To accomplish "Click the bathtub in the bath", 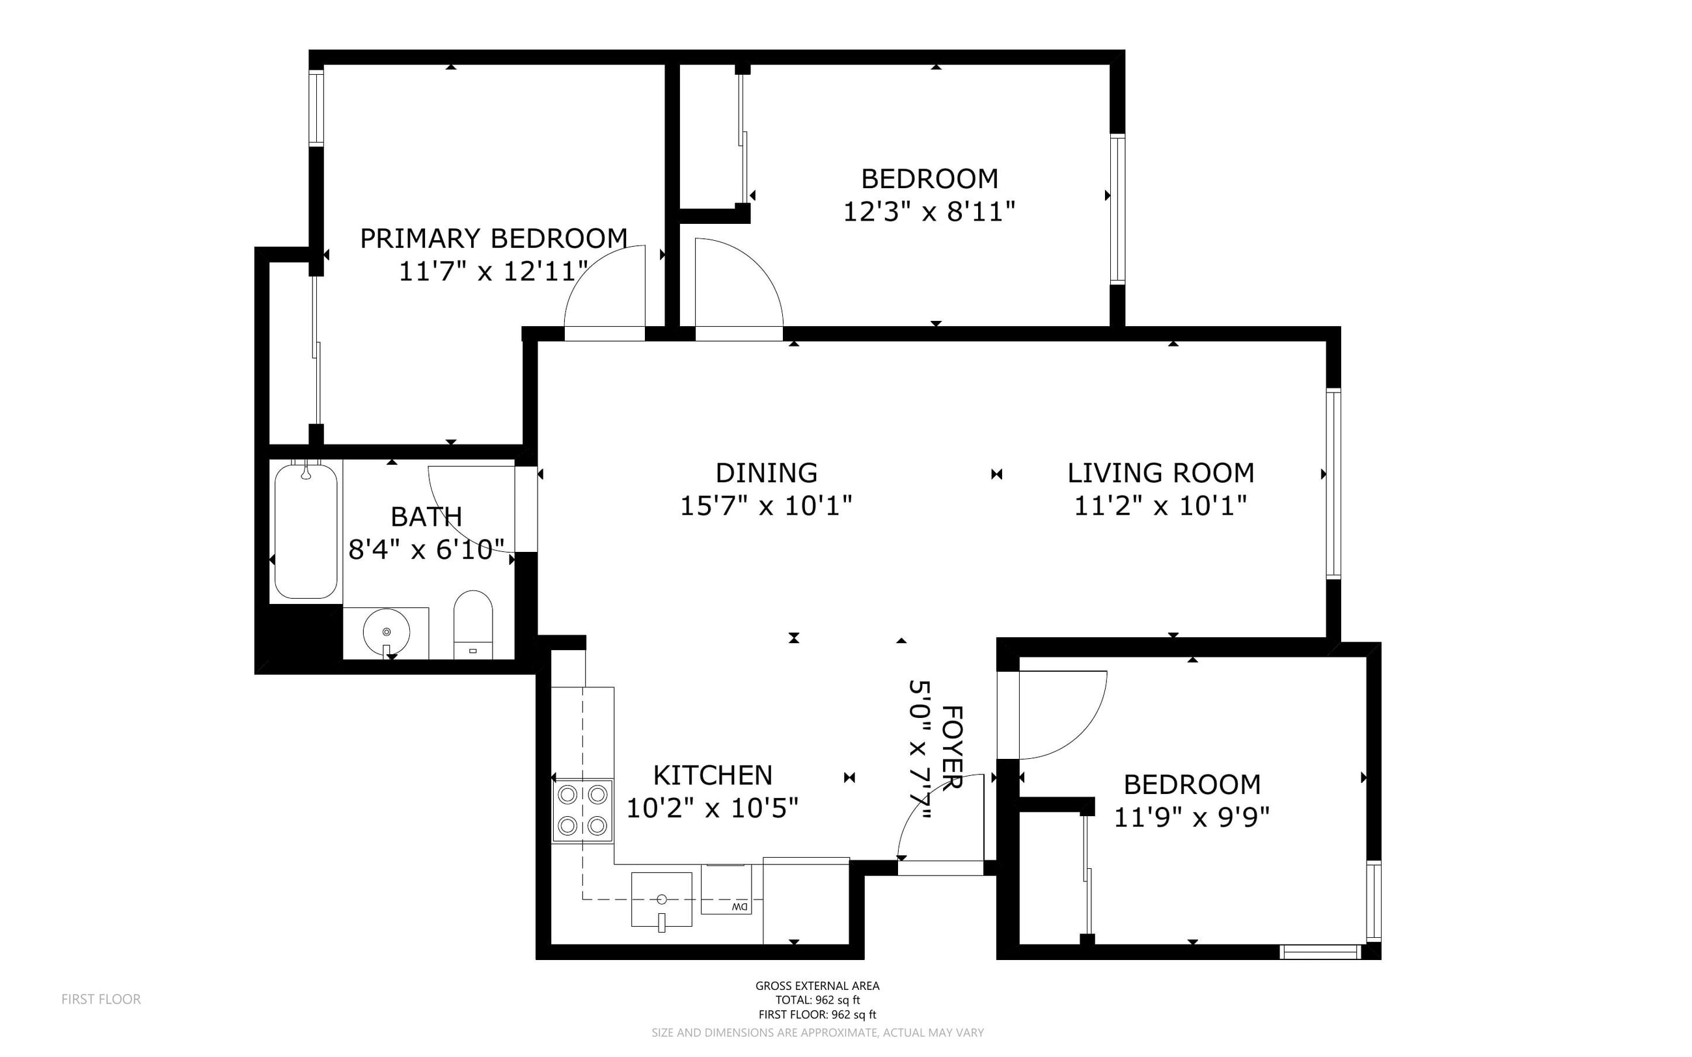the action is pyautogui.click(x=306, y=530).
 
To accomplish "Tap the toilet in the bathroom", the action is pyautogui.click(x=473, y=624).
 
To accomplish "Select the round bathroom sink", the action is pyautogui.click(x=386, y=632).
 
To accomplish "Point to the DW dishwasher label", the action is pyautogui.click(x=739, y=907).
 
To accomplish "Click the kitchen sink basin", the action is pyautogui.click(x=661, y=899).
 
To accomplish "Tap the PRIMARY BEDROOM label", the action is pyautogui.click(x=493, y=238).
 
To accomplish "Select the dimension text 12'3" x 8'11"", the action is pyautogui.click(x=929, y=211).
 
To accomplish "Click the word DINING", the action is pyautogui.click(x=766, y=473).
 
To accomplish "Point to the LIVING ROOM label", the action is pyautogui.click(x=1160, y=473).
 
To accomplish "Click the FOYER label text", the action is pyautogui.click(x=953, y=747).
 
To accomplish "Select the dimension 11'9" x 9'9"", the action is pyautogui.click(x=1191, y=817).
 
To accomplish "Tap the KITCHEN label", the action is pyautogui.click(x=713, y=775).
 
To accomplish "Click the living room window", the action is pyautogui.click(x=1333, y=484).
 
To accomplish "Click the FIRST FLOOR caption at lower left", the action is pyautogui.click(x=102, y=999).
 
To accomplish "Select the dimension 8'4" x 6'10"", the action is pyautogui.click(x=426, y=549).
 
